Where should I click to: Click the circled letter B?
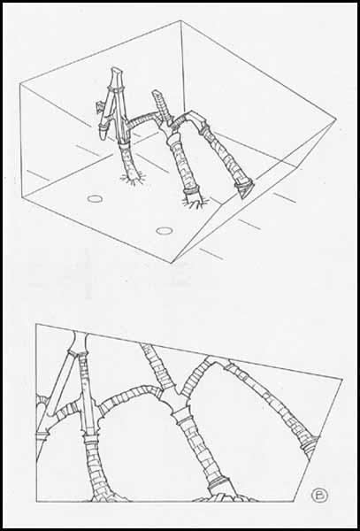(319, 496)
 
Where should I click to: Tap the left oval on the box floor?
(95, 199)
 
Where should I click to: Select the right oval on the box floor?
(165, 231)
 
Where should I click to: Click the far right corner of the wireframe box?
(336, 119)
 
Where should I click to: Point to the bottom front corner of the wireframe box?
(172, 263)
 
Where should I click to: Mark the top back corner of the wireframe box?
(180, 20)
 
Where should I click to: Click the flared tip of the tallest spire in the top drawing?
(117, 71)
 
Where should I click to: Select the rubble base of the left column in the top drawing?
(132, 178)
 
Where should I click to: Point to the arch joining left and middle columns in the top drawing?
(142, 118)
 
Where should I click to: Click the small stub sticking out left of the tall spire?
(99, 108)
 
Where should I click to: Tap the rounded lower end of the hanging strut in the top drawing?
(103, 133)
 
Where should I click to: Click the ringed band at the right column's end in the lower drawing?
(310, 443)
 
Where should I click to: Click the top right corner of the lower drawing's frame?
(342, 380)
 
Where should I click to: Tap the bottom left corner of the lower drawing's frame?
(36, 501)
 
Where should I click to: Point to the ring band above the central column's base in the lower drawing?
(219, 482)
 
